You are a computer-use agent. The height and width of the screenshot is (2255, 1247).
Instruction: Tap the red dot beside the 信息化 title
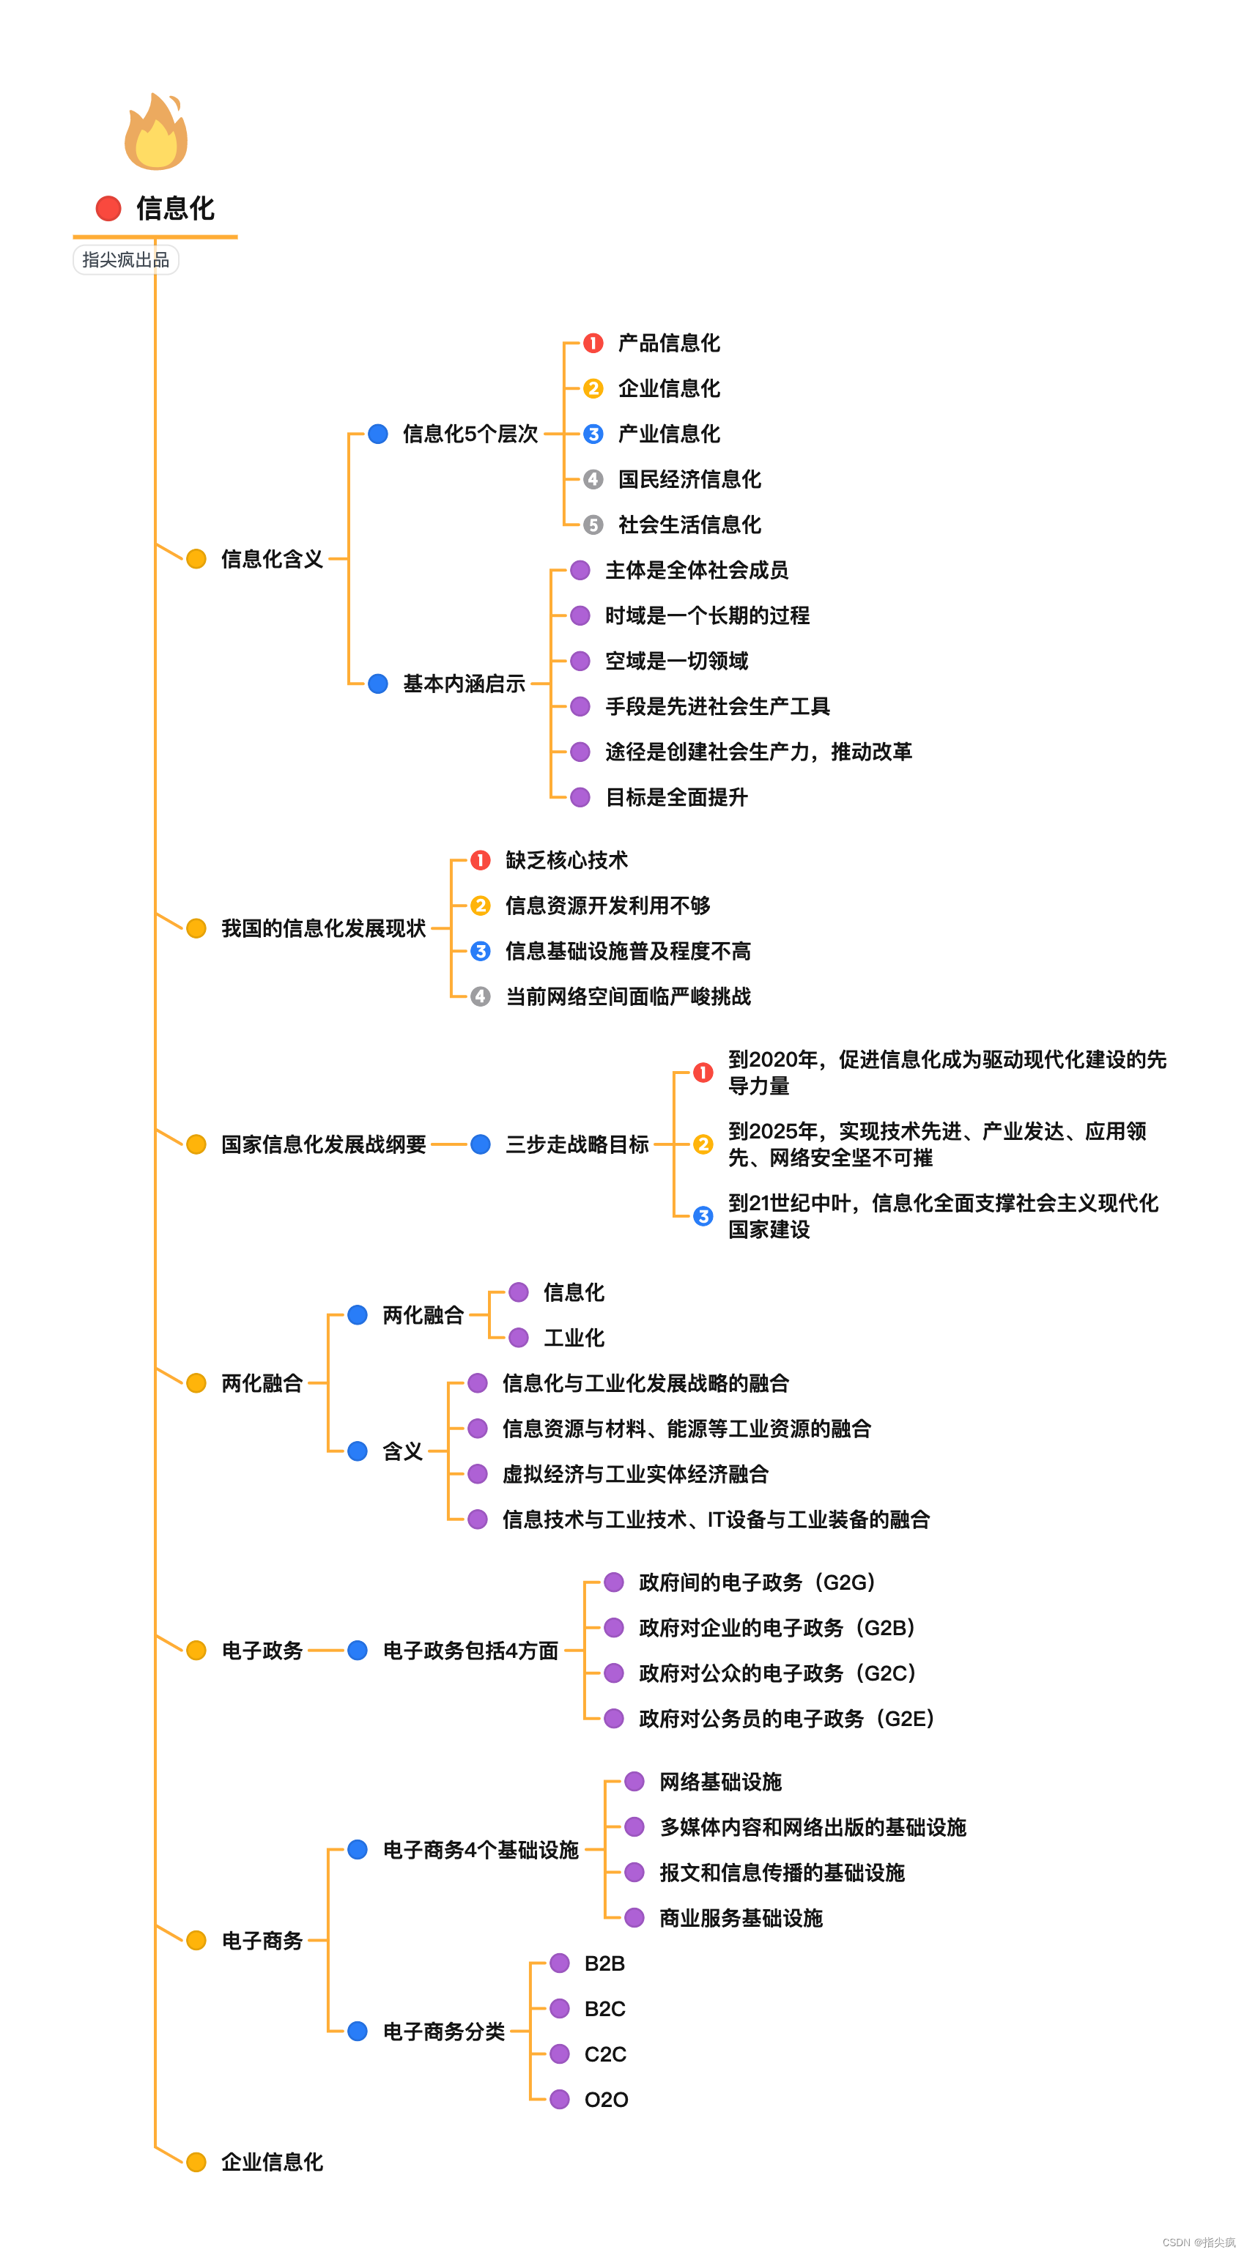coord(108,208)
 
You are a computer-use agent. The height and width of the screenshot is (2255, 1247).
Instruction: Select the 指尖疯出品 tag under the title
coord(126,260)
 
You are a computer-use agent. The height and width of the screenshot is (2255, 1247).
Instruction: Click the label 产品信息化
coord(669,343)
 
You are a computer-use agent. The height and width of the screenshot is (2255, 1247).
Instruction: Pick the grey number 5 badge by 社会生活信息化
coord(593,525)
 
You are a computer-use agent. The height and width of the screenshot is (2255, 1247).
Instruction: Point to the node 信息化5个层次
coord(470,434)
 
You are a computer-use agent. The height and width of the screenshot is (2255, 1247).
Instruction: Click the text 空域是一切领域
coord(676,661)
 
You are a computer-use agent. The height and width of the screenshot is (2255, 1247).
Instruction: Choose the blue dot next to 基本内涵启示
coord(378,684)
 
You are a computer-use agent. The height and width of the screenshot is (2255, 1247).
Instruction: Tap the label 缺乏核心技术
coord(566,861)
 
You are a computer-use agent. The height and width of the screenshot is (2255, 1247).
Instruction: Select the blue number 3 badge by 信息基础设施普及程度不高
coord(481,952)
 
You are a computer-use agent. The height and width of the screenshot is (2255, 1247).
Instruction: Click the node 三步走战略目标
coord(577,1144)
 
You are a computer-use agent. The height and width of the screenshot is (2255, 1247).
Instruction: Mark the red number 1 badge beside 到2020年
coord(703,1073)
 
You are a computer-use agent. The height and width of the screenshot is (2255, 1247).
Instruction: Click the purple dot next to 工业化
coord(519,1338)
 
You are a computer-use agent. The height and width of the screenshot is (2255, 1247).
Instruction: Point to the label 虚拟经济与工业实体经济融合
coord(635,1474)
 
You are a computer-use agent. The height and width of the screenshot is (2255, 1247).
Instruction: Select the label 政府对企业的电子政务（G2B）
coord(777,1628)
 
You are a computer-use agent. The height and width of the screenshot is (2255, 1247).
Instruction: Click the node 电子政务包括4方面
coord(470,1651)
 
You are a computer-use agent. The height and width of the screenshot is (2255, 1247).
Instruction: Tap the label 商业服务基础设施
coord(741,1918)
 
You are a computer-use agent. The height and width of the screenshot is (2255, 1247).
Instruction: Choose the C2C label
coord(605,2054)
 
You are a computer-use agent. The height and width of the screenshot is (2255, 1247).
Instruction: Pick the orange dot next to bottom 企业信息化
coord(196,2162)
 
